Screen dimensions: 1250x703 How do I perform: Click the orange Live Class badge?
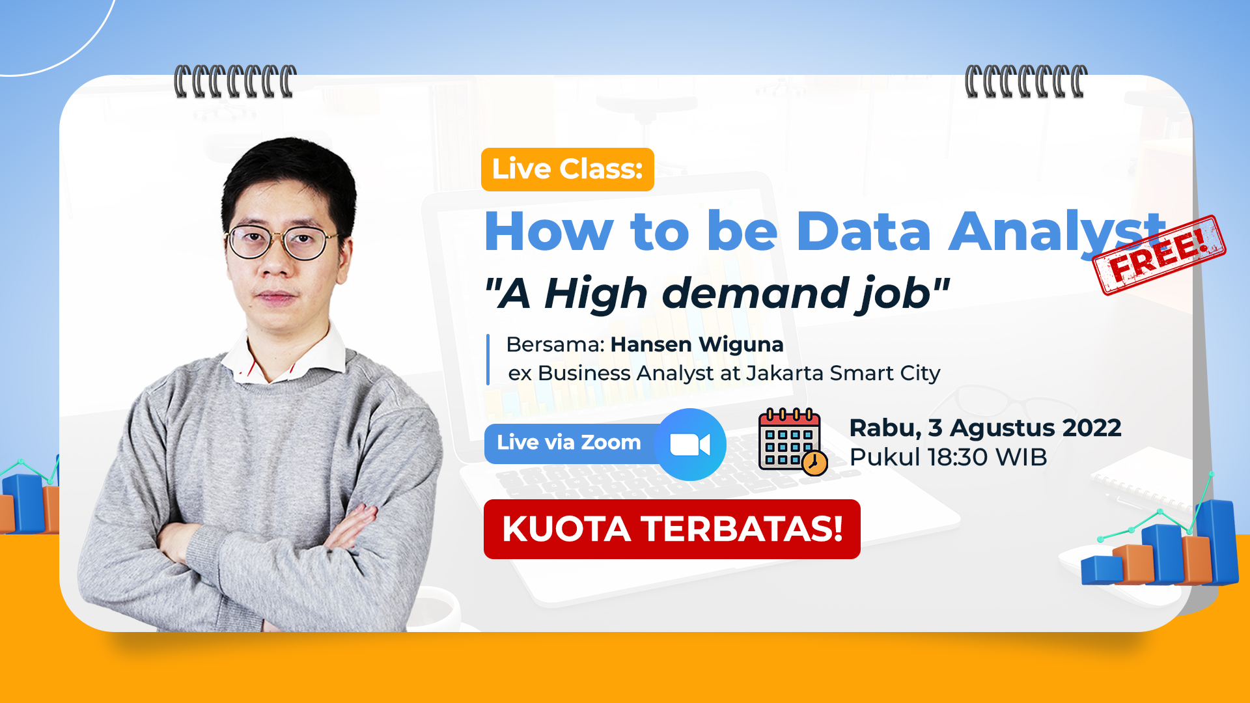click(x=568, y=169)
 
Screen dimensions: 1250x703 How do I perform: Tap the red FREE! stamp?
click(x=1159, y=255)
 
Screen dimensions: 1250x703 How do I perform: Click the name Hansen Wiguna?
click(x=697, y=344)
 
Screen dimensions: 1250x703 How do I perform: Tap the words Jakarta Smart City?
click(x=843, y=374)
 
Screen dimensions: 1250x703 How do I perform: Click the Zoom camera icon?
click(x=690, y=445)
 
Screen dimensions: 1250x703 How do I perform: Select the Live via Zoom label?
click(x=569, y=443)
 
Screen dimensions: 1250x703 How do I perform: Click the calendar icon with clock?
click(x=792, y=442)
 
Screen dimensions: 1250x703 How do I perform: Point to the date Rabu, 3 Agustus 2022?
click(x=985, y=428)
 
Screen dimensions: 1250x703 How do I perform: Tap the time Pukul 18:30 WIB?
click(x=948, y=457)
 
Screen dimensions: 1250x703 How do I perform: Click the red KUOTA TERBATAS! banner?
click(x=672, y=529)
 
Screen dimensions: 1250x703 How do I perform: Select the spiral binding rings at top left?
click(x=235, y=81)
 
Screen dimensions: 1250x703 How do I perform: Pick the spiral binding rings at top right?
click(x=1026, y=81)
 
